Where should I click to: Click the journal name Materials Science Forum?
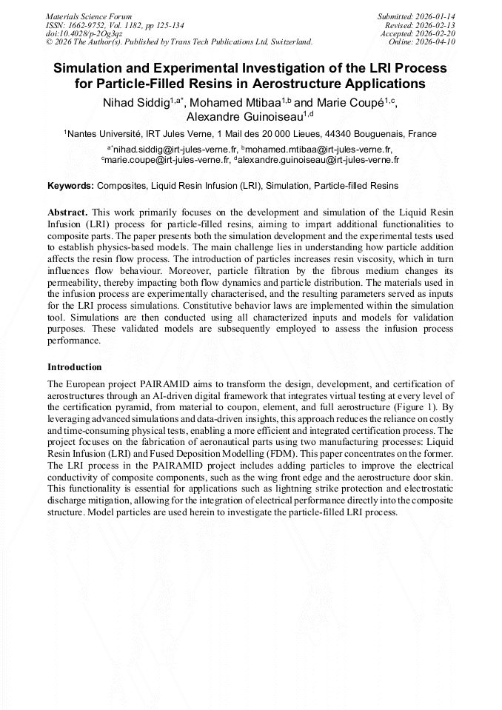pos(89,16)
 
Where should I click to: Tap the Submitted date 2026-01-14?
pos(438,16)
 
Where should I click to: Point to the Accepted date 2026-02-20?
pos(438,34)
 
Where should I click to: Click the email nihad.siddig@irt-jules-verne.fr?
pos(175,149)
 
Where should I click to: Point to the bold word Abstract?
pos(67,212)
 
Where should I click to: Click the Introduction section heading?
pos(75,366)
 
